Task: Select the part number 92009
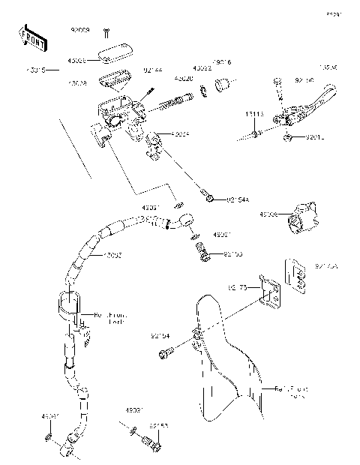(79, 30)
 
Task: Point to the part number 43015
(35, 70)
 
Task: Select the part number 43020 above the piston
(184, 78)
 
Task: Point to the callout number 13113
(255, 114)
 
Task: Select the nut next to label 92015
(288, 137)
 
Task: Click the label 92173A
(327, 265)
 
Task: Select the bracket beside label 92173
(268, 293)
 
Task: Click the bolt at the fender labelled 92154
(166, 349)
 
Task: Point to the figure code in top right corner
(332, 15)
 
